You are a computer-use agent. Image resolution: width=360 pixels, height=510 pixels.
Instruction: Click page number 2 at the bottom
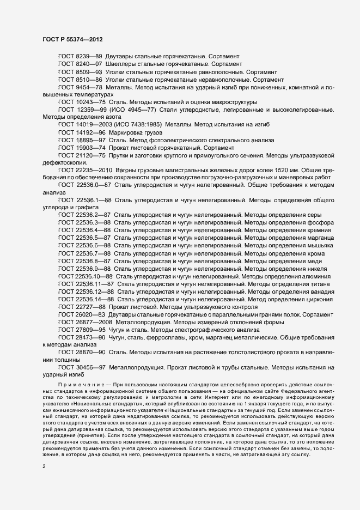(x=44, y=467)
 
